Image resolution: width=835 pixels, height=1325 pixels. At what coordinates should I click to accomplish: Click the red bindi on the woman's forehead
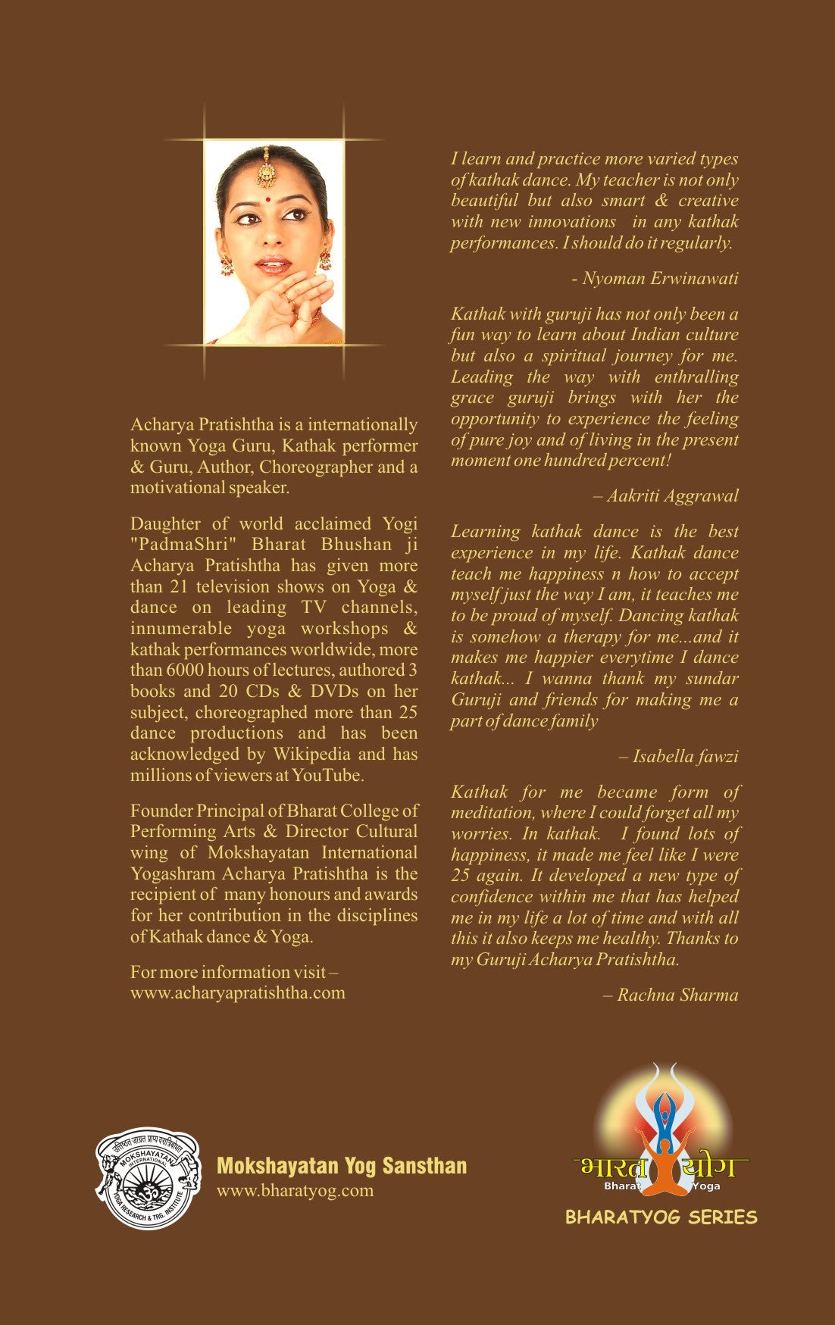pos(267,199)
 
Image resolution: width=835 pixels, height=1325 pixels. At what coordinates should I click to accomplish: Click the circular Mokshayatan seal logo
pos(148,1177)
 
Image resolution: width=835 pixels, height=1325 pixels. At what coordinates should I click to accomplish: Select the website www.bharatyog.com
pos(295,1189)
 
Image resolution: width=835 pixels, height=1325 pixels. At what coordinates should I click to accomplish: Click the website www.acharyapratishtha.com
pos(237,992)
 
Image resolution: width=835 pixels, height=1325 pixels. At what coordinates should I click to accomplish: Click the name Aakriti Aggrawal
pos(671,495)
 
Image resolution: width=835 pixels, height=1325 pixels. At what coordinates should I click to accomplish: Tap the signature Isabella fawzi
pos(684,756)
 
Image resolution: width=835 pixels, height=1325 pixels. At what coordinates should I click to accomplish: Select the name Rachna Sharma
pos(677,995)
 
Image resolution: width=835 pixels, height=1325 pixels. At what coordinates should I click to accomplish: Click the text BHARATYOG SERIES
pos(661,1217)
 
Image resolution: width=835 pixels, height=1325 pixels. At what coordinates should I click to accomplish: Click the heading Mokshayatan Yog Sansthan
pos(342,1165)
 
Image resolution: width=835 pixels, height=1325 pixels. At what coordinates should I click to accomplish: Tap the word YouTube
pos(327,775)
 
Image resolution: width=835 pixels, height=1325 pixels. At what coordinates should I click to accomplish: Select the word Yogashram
pos(174,873)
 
